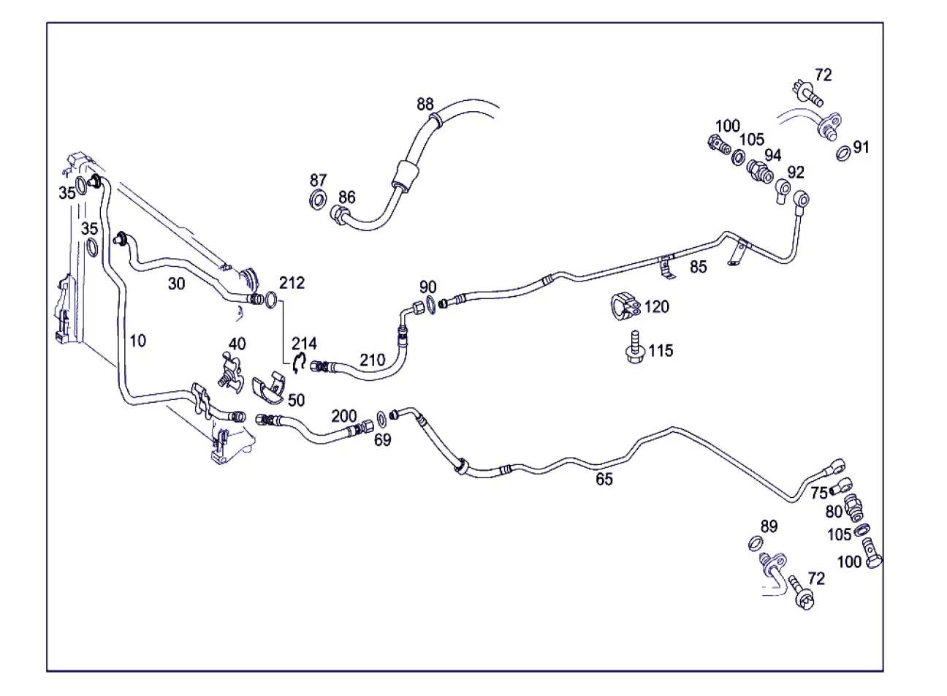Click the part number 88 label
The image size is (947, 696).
(425, 104)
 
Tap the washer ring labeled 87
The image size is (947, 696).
(319, 199)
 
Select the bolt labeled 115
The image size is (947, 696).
(634, 347)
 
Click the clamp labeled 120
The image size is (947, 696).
(625, 306)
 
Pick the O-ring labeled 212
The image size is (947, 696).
(271, 300)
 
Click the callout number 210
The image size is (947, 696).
(372, 360)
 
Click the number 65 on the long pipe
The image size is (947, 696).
(604, 479)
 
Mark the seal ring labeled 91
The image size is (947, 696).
(843, 153)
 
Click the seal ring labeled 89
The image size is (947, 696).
(756, 543)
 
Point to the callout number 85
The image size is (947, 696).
(698, 267)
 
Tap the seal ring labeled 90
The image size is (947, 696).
(430, 306)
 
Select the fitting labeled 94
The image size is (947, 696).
(759, 171)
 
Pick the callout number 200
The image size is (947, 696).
(343, 416)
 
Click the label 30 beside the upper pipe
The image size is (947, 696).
(176, 284)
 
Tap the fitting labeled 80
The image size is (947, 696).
(853, 507)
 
